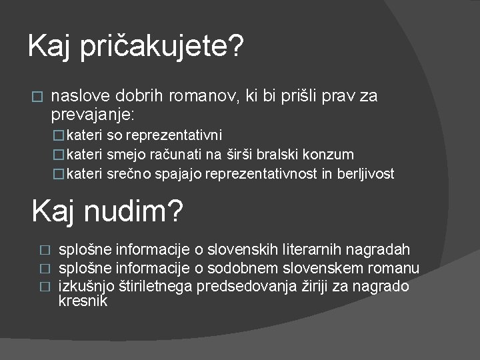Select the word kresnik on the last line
point(83,301)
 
